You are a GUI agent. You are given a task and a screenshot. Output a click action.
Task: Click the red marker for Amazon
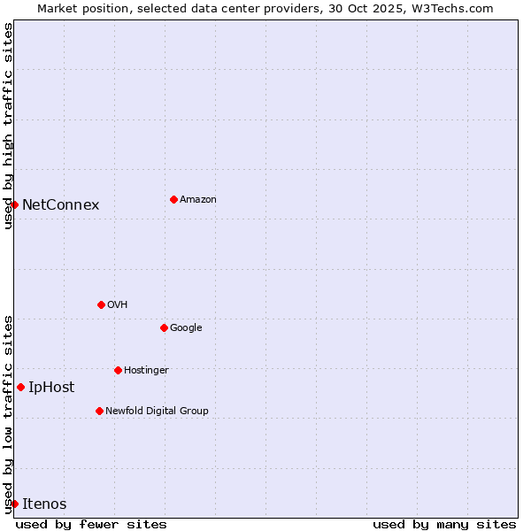173,199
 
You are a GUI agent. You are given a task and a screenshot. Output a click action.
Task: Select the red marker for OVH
101,304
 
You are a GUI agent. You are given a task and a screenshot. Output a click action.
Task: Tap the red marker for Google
164,327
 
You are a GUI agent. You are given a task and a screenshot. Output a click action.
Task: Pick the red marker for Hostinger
118,370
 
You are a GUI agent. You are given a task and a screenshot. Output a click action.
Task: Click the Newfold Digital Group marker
99,411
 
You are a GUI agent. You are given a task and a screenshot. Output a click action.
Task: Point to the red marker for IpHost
20,387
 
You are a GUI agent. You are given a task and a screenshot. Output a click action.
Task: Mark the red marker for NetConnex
14,204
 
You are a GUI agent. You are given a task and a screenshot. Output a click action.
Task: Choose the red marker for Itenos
14,504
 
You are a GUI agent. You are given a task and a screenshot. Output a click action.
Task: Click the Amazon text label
198,200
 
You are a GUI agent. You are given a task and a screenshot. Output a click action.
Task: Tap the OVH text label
118,305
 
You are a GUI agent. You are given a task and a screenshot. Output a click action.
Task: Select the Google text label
186,328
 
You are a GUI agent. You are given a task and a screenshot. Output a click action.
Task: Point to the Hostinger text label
146,371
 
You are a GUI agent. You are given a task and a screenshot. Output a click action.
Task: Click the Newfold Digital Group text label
157,412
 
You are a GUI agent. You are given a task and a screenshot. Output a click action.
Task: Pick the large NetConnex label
60,205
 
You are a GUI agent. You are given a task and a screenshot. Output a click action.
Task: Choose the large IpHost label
51,388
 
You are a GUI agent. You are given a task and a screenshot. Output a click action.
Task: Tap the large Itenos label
44,504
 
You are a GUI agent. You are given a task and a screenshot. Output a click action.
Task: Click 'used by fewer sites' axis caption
91,524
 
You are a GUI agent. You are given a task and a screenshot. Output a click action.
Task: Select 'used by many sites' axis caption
444,524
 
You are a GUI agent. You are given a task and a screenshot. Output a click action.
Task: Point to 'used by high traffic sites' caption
8,126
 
